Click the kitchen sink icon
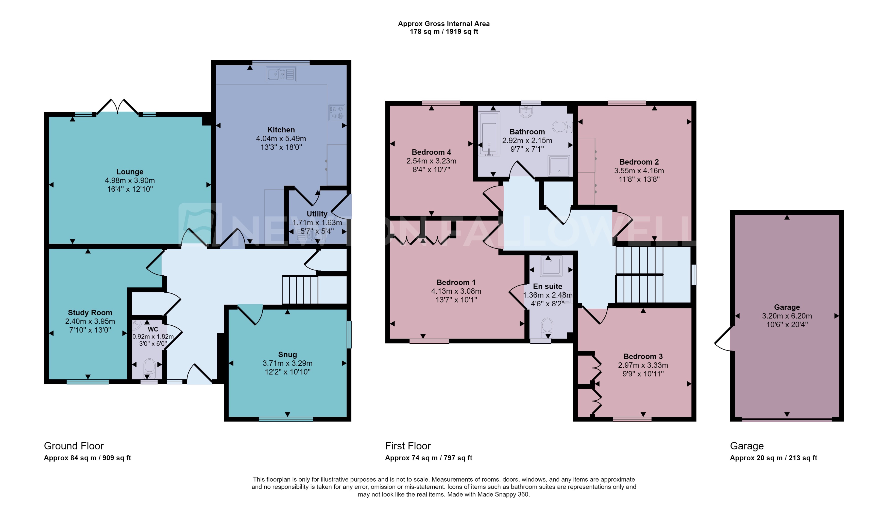coord(281,74)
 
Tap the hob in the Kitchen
coord(336,113)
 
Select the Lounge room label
coord(130,172)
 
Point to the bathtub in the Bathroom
coord(489,134)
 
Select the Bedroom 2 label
coord(639,162)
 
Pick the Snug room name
coord(287,355)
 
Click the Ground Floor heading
coord(74,446)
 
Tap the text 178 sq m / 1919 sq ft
coord(443,32)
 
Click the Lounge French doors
coord(117,107)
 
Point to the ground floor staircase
coord(300,290)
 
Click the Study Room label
coord(90,313)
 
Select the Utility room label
coord(317,214)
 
